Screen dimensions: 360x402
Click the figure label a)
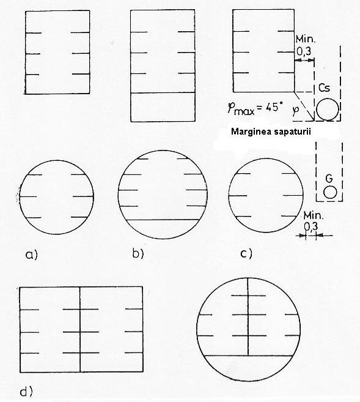pyautogui.click(x=32, y=255)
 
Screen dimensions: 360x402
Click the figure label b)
pyautogui.click(x=138, y=253)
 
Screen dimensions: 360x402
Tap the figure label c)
pyautogui.click(x=246, y=253)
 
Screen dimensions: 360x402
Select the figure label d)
pyautogui.click(x=26, y=392)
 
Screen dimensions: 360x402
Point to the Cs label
pyautogui.click(x=324, y=88)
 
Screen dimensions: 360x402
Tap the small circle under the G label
pyautogui.click(x=330, y=192)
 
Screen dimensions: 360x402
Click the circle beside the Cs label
pyautogui.click(x=328, y=109)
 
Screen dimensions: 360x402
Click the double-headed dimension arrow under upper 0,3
pyautogui.click(x=304, y=60)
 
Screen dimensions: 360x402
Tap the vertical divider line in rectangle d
pyautogui.click(x=80, y=329)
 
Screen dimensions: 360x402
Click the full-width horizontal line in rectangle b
pyautogui.click(x=163, y=92)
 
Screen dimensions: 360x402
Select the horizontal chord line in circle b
pyautogui.click(x=163, y=220)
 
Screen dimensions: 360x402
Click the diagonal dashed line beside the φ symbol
pyautogui.click(x=304, y=106)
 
